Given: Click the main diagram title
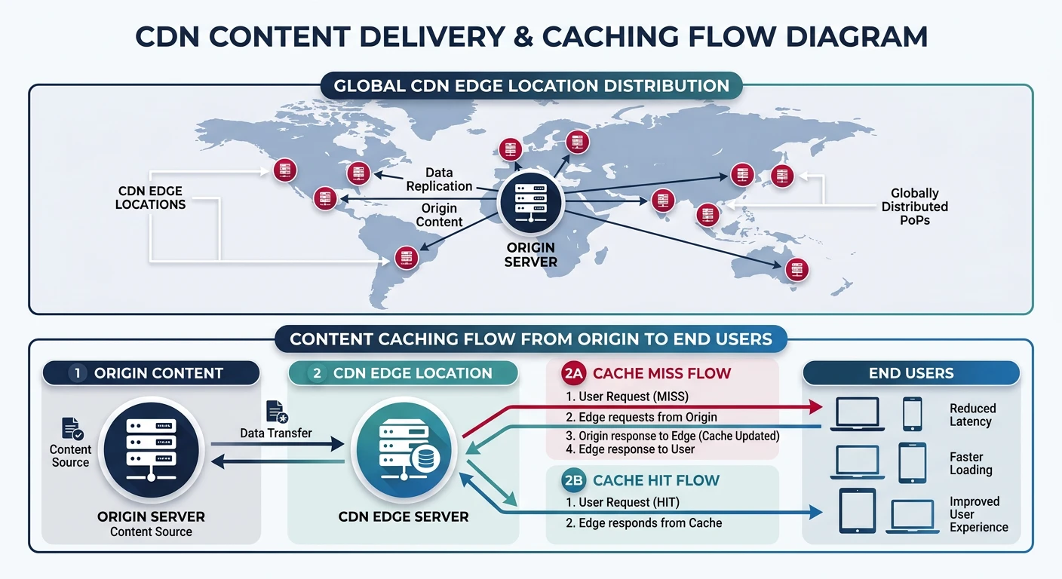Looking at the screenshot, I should coord(531,36).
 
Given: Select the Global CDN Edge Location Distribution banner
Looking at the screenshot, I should coord(531,86).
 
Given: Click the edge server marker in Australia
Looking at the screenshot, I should coord(796,269).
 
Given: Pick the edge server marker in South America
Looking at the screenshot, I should coord(406,258).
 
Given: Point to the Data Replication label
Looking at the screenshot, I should coord(439,179).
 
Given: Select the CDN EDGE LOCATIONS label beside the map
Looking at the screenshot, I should coord(150,198).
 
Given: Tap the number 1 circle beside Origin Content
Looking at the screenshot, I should coord(77,373).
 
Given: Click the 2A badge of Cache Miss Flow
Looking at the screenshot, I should coord(574,373).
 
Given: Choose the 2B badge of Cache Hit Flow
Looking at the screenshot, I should coord(574,480).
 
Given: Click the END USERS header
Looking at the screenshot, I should coord(910,373).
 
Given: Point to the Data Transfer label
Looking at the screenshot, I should coord(276,433).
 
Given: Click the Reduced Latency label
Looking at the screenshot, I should coord(972,415).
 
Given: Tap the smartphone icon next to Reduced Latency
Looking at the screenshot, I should coord(912,415).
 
